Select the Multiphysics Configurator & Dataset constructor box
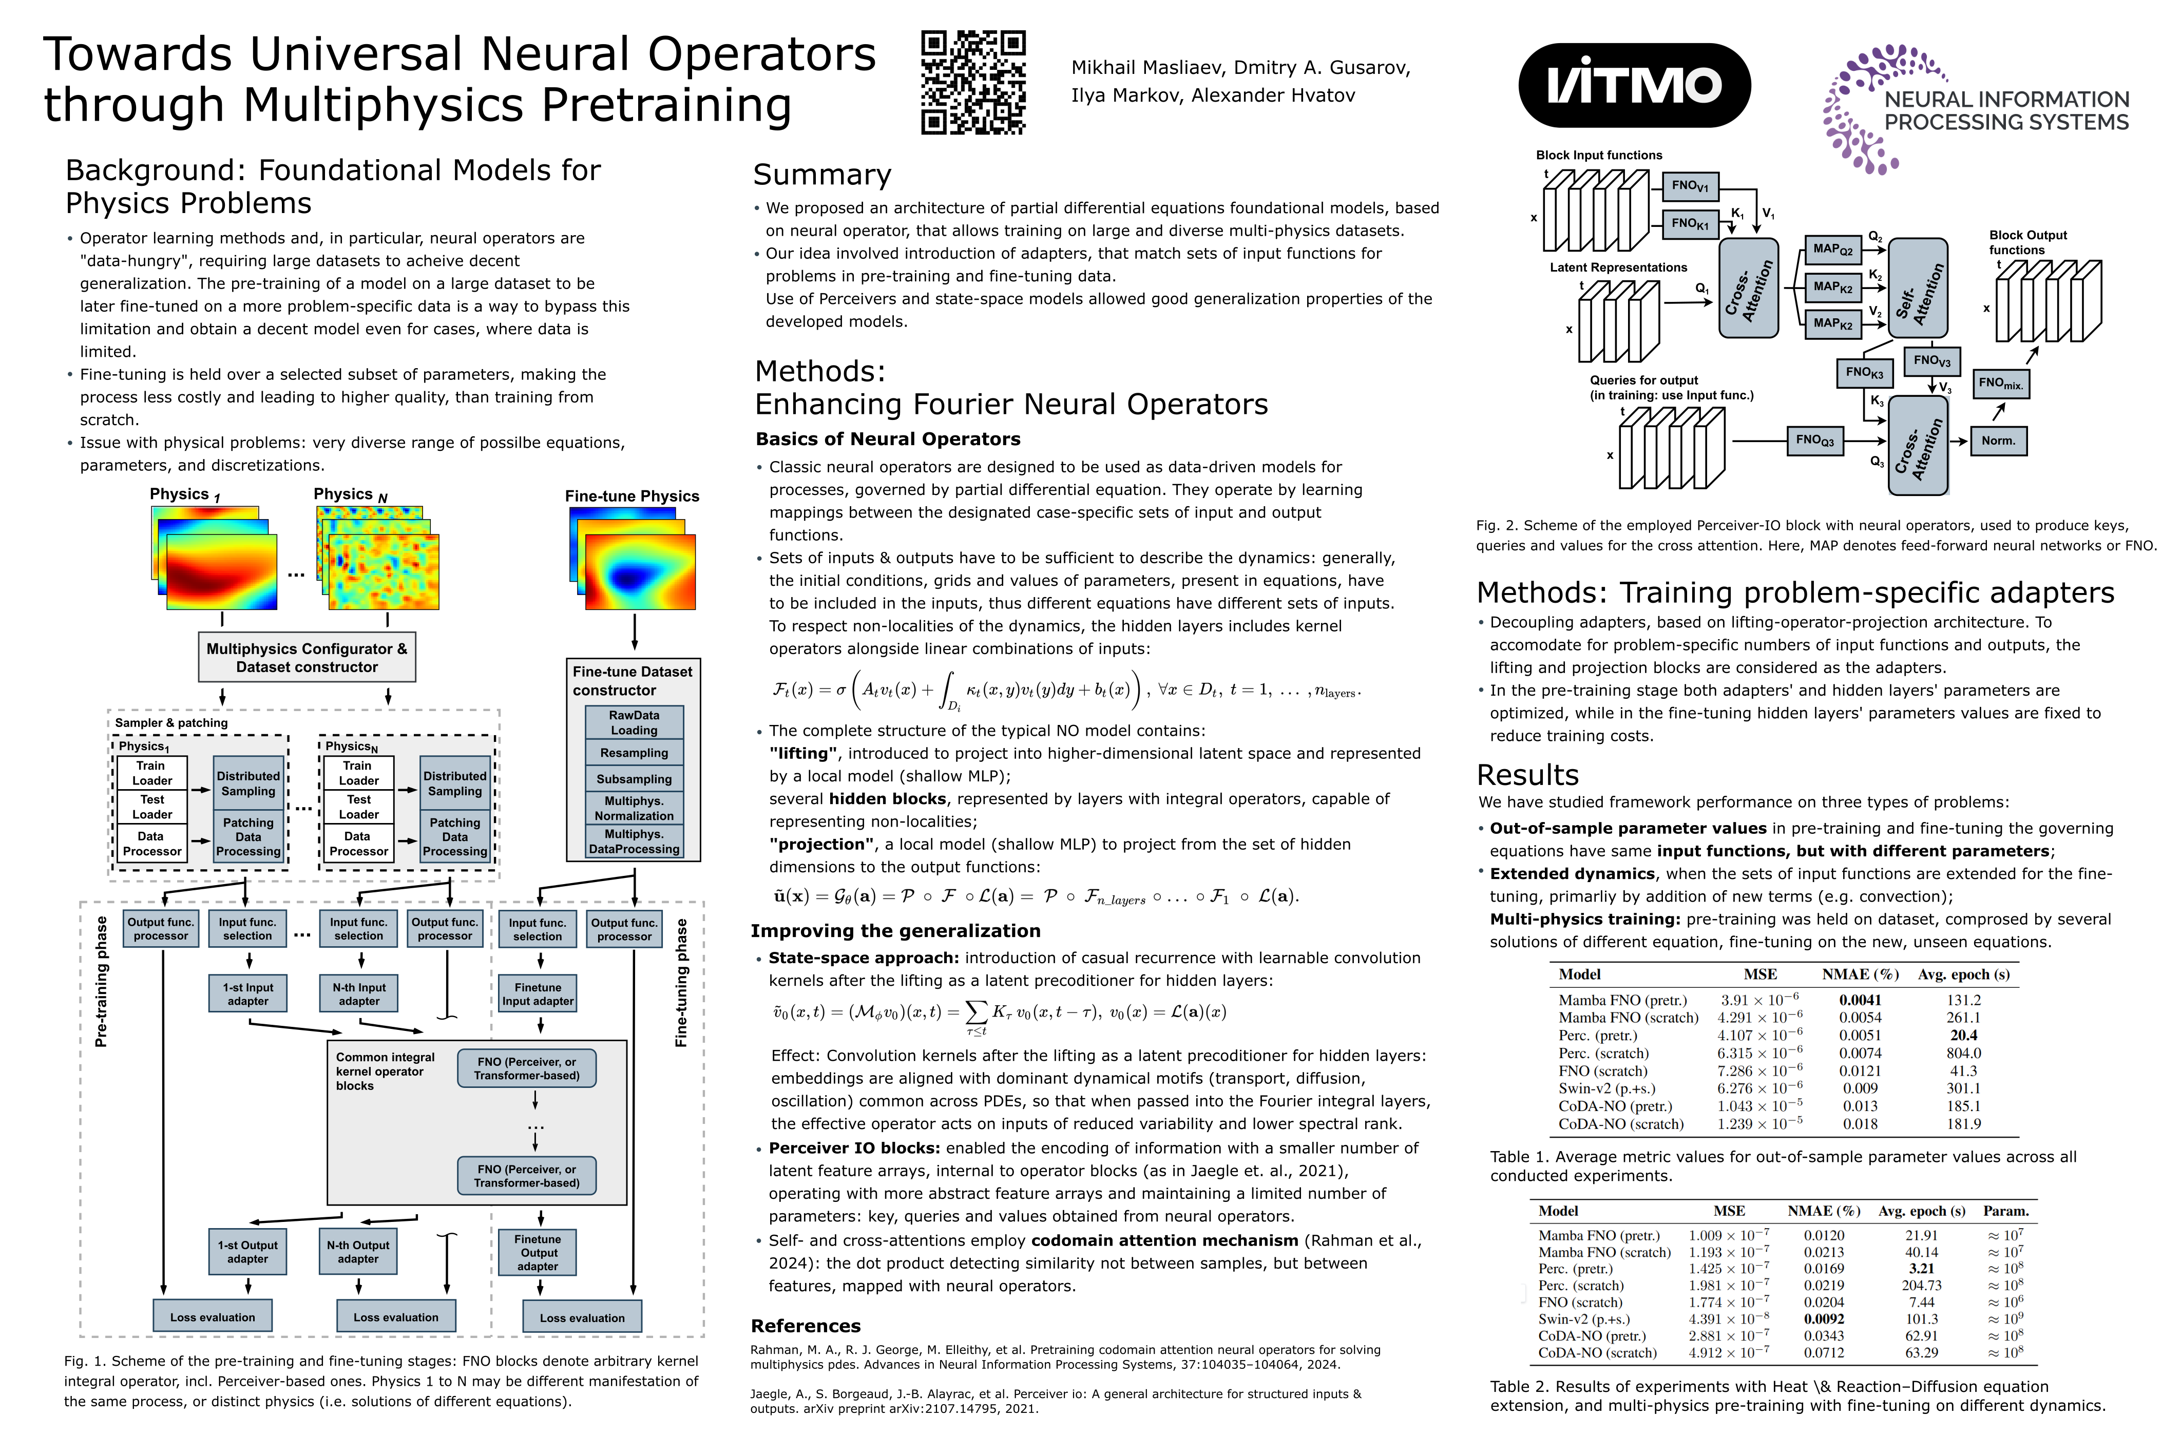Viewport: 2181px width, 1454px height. click(307, 658)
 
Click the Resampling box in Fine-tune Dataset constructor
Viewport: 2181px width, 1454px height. click(634, 753)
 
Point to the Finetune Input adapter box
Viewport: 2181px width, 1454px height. click(538, 994)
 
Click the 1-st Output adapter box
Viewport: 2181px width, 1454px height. click(247, 1252)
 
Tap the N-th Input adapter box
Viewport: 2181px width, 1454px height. click(359, 994)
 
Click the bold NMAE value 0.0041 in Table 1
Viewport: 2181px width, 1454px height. click(1860, 1000)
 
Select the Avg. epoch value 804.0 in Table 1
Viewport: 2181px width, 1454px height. click(1963, 1054)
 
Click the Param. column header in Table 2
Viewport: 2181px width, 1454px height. click(2006, 1211)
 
